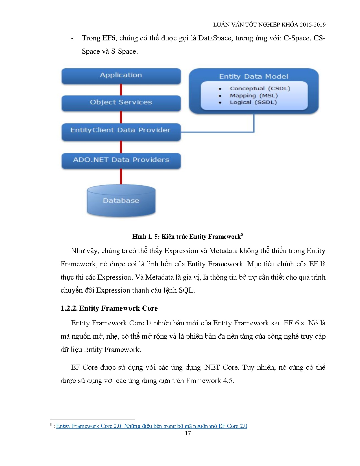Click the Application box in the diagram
[121, 75]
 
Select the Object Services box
[121, 103]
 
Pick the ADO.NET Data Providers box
[121, 160]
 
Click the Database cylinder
[121, 201]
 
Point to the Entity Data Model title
[254, 77]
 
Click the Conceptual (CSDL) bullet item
[260, 89]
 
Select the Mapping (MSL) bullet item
[254, 96]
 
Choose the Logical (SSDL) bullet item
[253, 102]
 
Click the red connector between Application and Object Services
[121, 90]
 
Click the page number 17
[188, 433]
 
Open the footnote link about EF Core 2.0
[152, 426]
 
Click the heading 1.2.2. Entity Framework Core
[109, 308]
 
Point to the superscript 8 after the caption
[242, 234]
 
